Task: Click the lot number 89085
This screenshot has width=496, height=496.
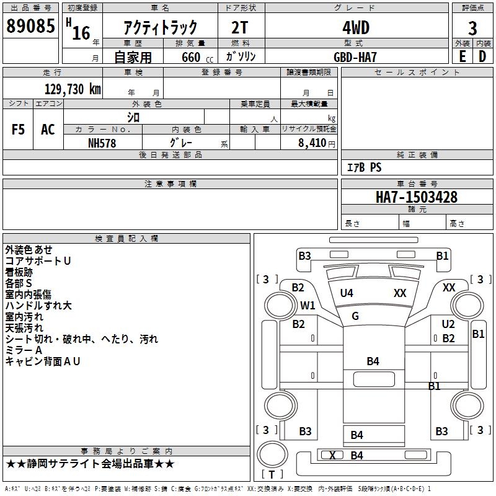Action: tap(30, 26)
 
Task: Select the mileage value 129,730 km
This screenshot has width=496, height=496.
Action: tap(73, 89)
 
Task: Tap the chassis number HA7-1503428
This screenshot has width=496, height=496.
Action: tap(417, 197)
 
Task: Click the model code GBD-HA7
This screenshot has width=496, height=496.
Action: tap(355, 57)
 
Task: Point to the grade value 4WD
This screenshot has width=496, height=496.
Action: tap(356, 28)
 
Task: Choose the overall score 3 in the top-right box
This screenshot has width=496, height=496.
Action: tap(472, 29)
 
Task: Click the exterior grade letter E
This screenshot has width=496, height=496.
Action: tap(463, 56)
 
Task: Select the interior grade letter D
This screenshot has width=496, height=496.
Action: tap(482, 56)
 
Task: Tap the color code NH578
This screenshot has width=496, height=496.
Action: tap(102, 143)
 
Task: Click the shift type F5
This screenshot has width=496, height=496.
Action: tap(18, 130)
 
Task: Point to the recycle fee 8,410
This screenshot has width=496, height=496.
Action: tap(312, 143)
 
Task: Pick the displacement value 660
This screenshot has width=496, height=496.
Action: tap(191, 57)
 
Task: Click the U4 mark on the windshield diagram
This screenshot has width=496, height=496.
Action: tap(347, 293)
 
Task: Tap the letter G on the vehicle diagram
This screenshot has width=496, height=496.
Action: tap(355, 316)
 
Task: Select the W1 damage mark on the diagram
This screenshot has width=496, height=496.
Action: tap(308, 306)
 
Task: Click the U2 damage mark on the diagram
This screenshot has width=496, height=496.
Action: tap(448, 324)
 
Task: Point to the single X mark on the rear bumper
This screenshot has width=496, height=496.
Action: tap(332, 456)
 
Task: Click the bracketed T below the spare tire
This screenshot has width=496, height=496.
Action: tap(272, 474)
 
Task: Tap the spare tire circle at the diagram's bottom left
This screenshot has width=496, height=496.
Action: tap(272, 454)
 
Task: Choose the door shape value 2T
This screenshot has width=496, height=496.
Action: tap(240, 28)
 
